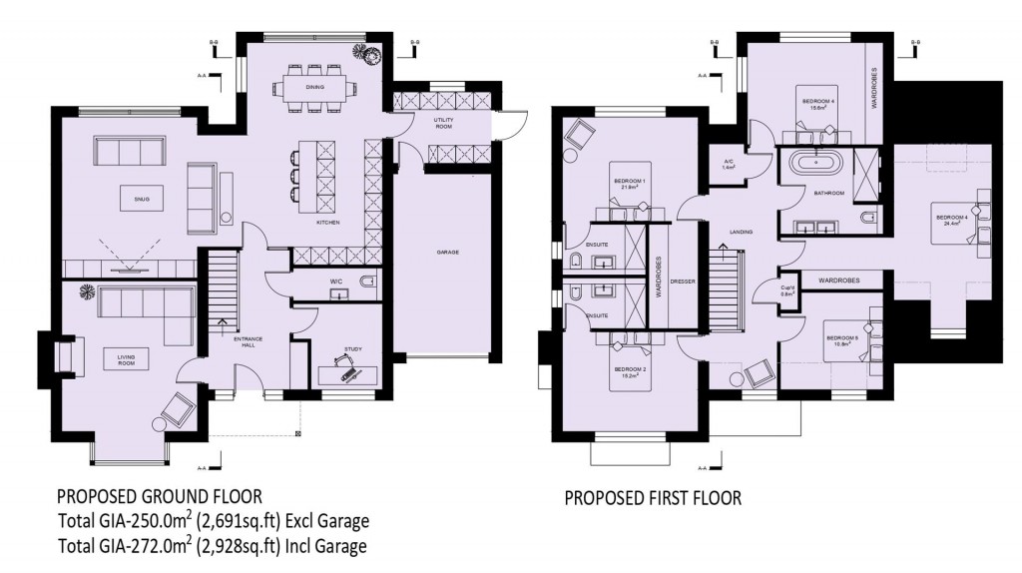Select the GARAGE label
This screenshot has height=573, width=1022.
[447, 253]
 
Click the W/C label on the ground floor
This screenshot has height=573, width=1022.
[335, 283]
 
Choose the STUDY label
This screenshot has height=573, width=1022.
[353, 349]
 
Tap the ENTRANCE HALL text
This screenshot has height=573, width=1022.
[248, 343]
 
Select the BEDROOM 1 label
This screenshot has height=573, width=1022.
[631, 182]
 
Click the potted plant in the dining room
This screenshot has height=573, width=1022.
[371, 55]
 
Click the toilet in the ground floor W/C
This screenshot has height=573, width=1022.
[366, 283]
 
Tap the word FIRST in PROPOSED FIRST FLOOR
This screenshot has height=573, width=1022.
[667, 497]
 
